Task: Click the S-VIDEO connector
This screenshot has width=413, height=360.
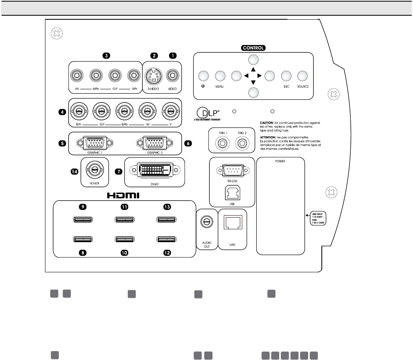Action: pos(153,75)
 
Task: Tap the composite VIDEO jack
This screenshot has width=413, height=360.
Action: pos(173,75)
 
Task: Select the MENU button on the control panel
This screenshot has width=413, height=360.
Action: pos(220,76)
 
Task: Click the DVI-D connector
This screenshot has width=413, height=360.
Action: pos(155,171)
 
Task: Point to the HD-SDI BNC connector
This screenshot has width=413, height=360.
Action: pos(94,171)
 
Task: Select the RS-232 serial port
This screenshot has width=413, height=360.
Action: pos(232,171)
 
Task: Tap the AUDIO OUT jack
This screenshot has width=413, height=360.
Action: pos(206,222)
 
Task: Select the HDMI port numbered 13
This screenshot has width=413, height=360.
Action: pos(166,220)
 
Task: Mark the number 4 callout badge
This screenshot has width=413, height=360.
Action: pos(61,112)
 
